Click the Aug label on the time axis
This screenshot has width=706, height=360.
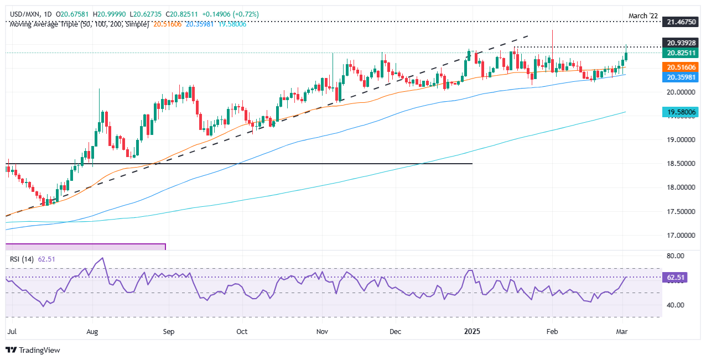(x=92, y=332)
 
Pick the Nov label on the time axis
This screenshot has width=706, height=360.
(x=321, y=332)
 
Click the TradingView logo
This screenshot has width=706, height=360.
(x=33, y=350)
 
